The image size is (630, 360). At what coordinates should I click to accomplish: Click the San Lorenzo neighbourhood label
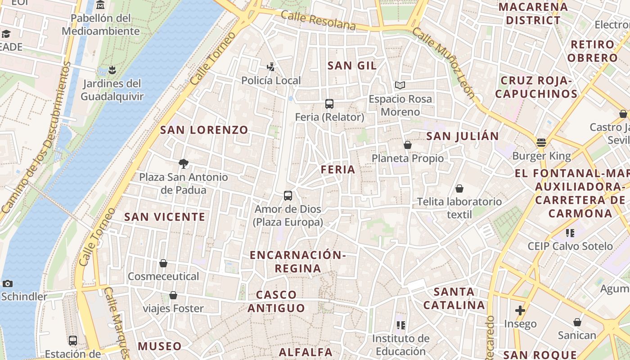(204, 130)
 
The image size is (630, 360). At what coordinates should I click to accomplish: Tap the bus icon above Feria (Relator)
(329, 104)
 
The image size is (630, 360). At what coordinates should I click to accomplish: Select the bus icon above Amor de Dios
(288, 196)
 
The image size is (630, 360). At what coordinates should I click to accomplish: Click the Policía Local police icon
(270, 67)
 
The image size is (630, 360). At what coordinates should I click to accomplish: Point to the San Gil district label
(352, 66)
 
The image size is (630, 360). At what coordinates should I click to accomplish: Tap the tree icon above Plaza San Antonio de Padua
(183, 164)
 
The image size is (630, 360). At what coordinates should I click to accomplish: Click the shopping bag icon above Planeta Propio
(408, 145)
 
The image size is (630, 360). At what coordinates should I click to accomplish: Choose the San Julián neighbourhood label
(463, 136)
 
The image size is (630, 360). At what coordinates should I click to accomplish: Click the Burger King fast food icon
(541, 143)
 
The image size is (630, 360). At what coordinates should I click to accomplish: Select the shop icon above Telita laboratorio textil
(459, 189)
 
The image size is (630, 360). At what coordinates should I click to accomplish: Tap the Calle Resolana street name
(318, 21)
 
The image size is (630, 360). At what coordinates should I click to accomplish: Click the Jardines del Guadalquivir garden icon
(112, 70)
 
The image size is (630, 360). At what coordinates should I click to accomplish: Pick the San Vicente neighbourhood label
(165, 217)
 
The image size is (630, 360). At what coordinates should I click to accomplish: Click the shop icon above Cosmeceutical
(163, 263)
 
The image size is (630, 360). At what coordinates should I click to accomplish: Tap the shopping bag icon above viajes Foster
(173, 295)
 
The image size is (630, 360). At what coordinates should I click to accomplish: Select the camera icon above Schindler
(8, 283)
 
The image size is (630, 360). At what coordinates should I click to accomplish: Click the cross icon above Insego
(520, 310)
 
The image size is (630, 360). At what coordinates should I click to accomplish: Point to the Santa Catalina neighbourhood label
(454, 298)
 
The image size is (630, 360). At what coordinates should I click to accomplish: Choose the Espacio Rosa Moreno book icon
(400, 85)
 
